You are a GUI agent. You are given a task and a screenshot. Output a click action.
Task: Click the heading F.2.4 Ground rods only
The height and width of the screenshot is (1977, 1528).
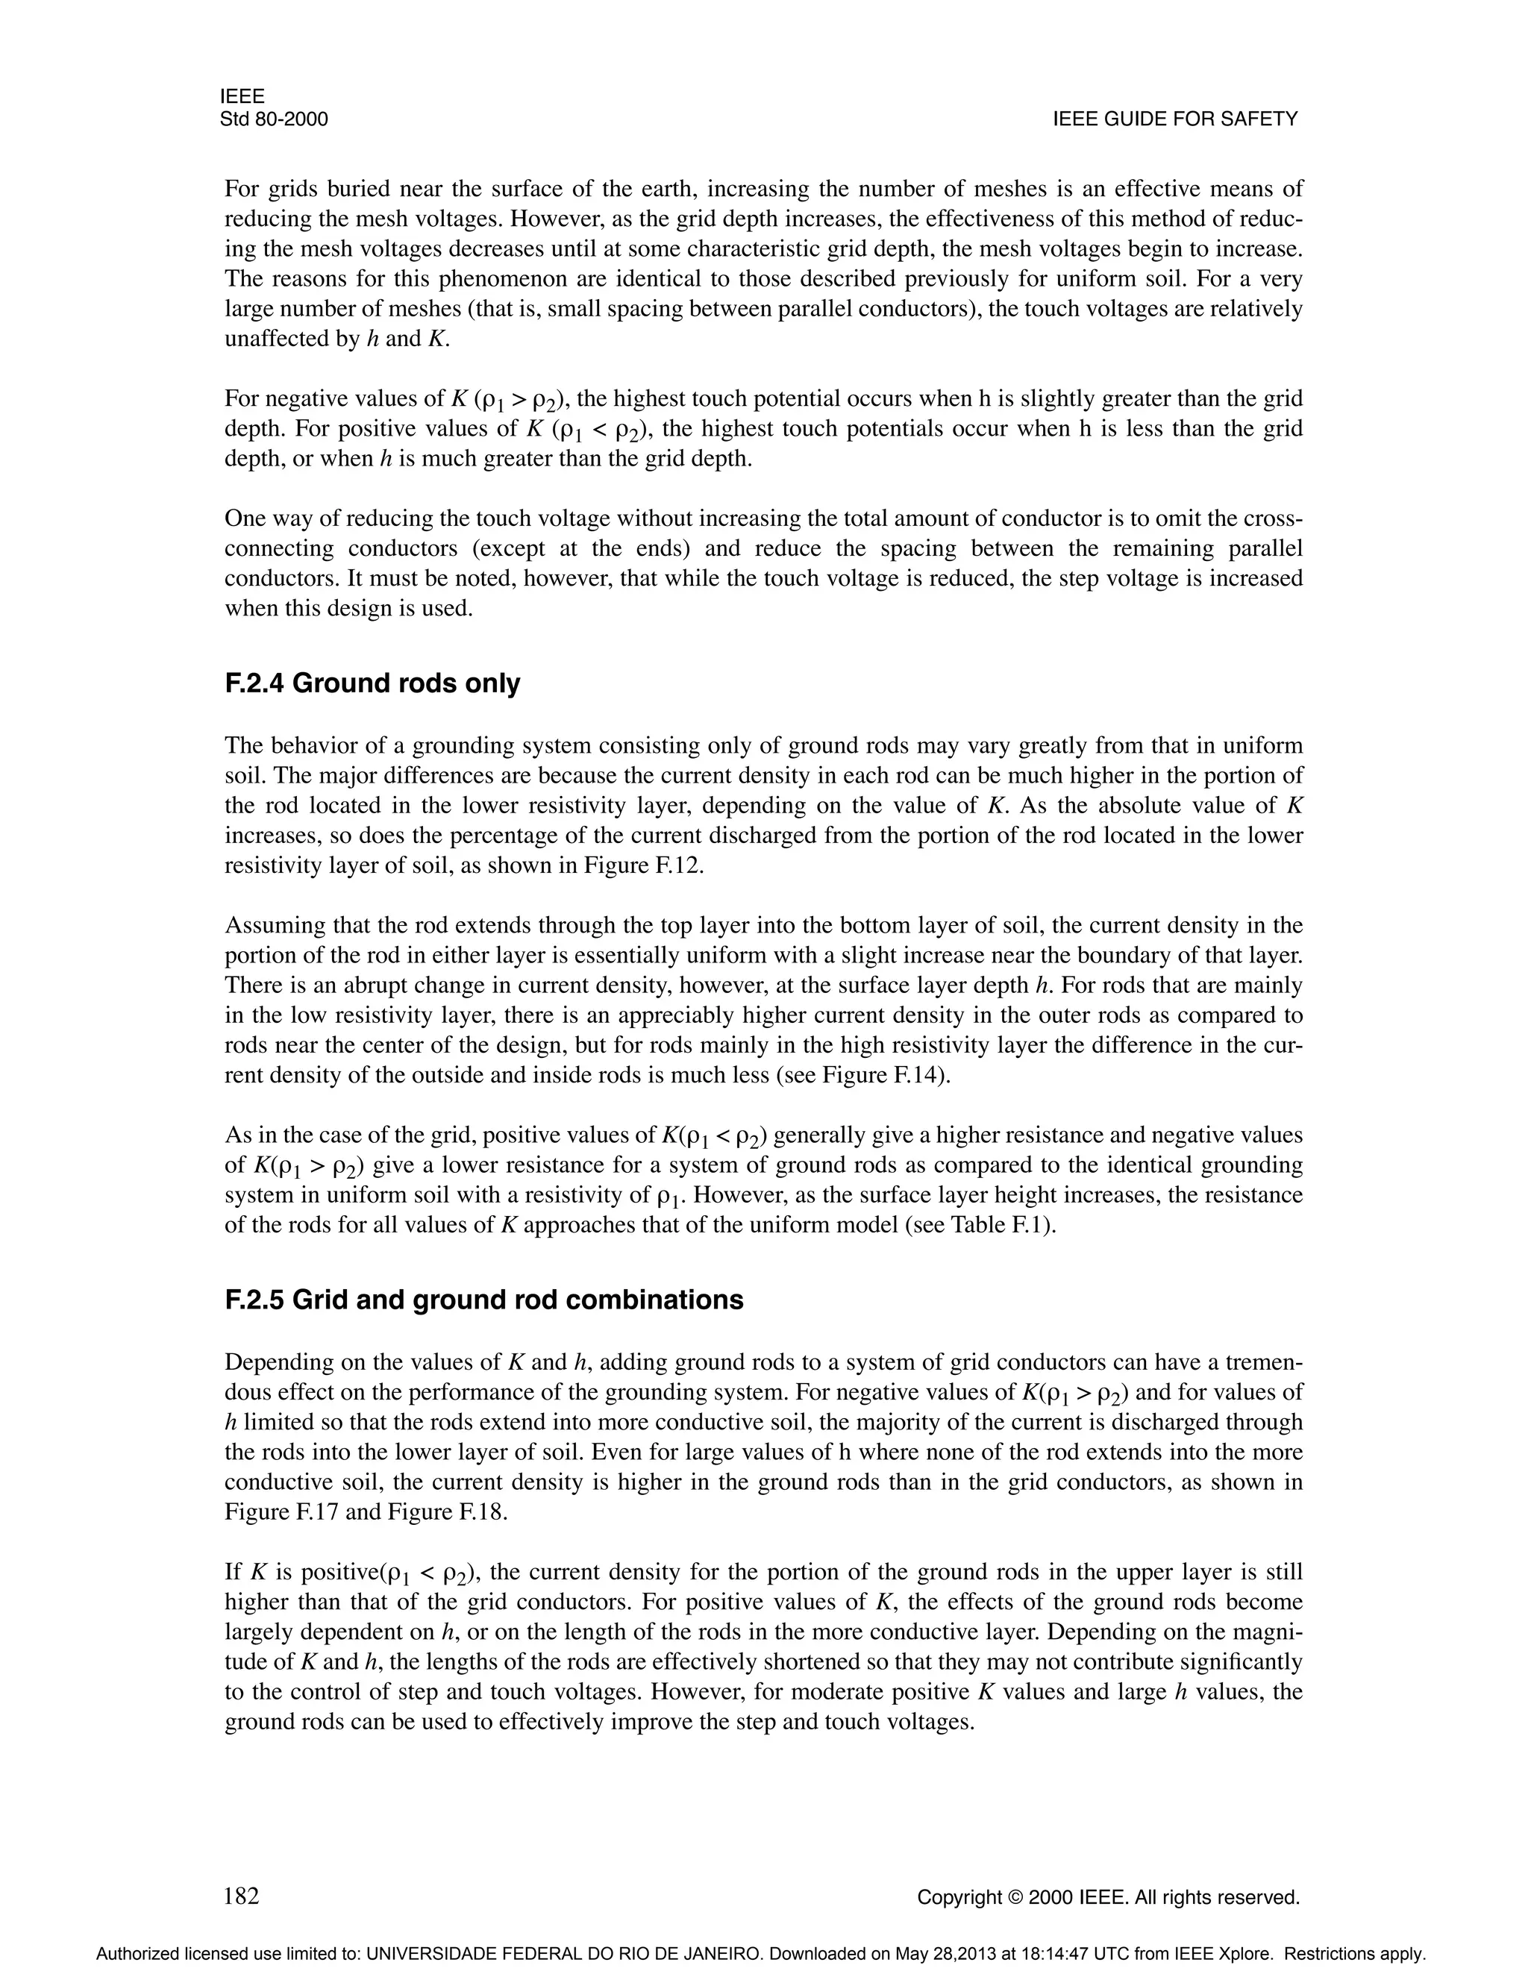pos(372,683)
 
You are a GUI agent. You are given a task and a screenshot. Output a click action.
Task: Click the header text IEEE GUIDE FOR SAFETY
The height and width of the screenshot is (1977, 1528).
pos(1175,119)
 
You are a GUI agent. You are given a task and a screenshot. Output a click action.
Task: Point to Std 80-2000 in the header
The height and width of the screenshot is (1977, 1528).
pos(273,119)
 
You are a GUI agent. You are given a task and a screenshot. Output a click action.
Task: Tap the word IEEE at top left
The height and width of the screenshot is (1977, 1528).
pos(242,97)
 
